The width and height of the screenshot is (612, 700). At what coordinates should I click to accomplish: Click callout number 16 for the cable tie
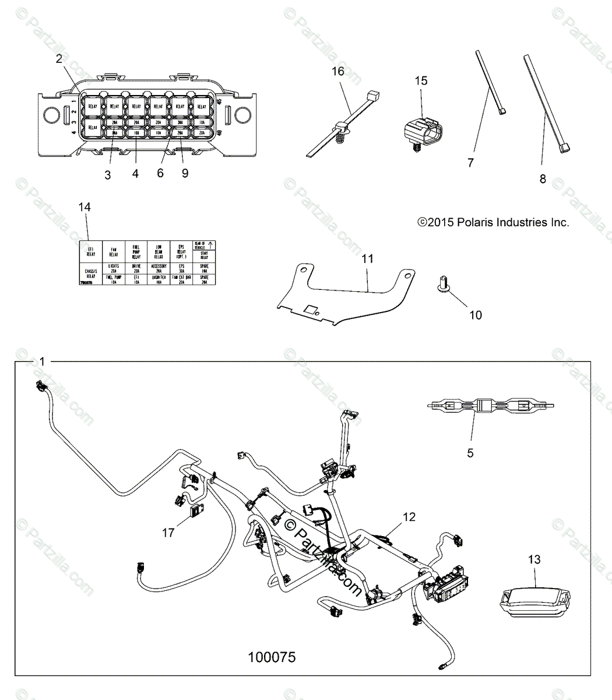pyautogui.click(x=338, y=71)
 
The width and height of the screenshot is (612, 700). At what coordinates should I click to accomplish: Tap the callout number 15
pyautogui.click(x=421, y=80)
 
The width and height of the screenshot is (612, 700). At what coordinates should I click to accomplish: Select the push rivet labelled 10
pyautogui.click(x=442, y=285)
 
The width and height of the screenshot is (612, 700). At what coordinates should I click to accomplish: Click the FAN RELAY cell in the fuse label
pyautogui.click(x=114, y=252)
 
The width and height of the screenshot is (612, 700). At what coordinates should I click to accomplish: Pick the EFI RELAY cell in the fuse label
pyautogui.click(x=90, y=251)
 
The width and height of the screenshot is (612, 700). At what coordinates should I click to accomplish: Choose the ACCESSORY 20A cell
pyautogui.click(x=159, y=269)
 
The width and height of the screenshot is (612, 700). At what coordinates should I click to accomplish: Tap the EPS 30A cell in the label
pyautogui.click(x=180, y=269)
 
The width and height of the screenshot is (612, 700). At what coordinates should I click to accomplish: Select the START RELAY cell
pyautogui.click(x=203, y=255)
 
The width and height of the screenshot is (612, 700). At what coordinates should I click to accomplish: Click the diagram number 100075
pyautogui.click(x=272, y=657)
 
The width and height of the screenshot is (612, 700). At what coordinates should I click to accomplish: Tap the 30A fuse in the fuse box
pyautogui.click(x=180, y=123)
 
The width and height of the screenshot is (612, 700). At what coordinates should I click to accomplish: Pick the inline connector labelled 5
pyautogui.click(x=491, y=405)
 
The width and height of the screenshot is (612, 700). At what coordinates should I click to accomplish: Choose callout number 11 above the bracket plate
pyautogui.click(x=367, y=258)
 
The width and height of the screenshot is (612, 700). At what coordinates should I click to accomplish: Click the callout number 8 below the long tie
pyautogui.click(x=543, y=179)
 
